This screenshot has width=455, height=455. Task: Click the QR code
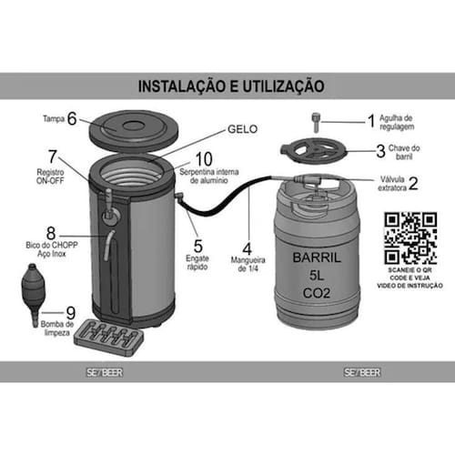[x=410, y=238]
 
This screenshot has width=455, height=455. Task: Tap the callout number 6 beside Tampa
[x=72, y=118]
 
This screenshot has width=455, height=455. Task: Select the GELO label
[x=242, y=129]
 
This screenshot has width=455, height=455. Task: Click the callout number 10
[x=204, y=158]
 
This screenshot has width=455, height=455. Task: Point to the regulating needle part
[x=316, y=122]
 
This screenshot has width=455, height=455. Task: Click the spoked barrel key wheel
[x=314, y=150]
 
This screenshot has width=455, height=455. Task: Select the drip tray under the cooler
[x=108, y=338]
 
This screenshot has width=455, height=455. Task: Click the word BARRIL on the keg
[x=317, y=258]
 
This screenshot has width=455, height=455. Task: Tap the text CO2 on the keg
[x=317, y=293]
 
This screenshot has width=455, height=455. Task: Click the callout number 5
[x=198, y=247]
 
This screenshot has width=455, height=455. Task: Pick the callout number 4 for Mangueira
[x=248, y=249]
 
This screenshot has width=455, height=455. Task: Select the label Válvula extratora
[x=392, y=183]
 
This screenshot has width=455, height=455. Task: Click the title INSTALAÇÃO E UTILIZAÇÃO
[x=231, y=86]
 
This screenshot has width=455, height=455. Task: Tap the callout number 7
[x=53, y=157]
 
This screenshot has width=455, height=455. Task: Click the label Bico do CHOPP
[x=52, y=245]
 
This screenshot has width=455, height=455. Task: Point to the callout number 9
[x=71, y=313]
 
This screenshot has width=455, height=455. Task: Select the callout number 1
[x=371, y=121]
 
